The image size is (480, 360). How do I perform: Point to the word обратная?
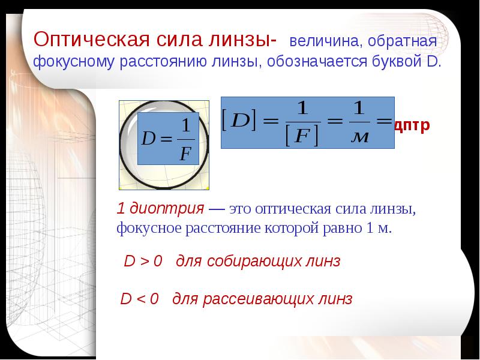402,41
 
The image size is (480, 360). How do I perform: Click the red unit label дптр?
412,125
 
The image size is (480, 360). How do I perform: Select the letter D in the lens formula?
148,139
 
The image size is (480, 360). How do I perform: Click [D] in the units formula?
239,121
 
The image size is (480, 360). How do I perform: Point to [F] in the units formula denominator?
302,136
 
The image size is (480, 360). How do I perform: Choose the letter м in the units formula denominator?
359,137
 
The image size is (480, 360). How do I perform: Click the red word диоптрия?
167,209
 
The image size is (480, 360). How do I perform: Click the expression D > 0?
143,261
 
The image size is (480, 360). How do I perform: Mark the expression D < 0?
140,298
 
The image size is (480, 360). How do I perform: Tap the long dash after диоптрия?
217,209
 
